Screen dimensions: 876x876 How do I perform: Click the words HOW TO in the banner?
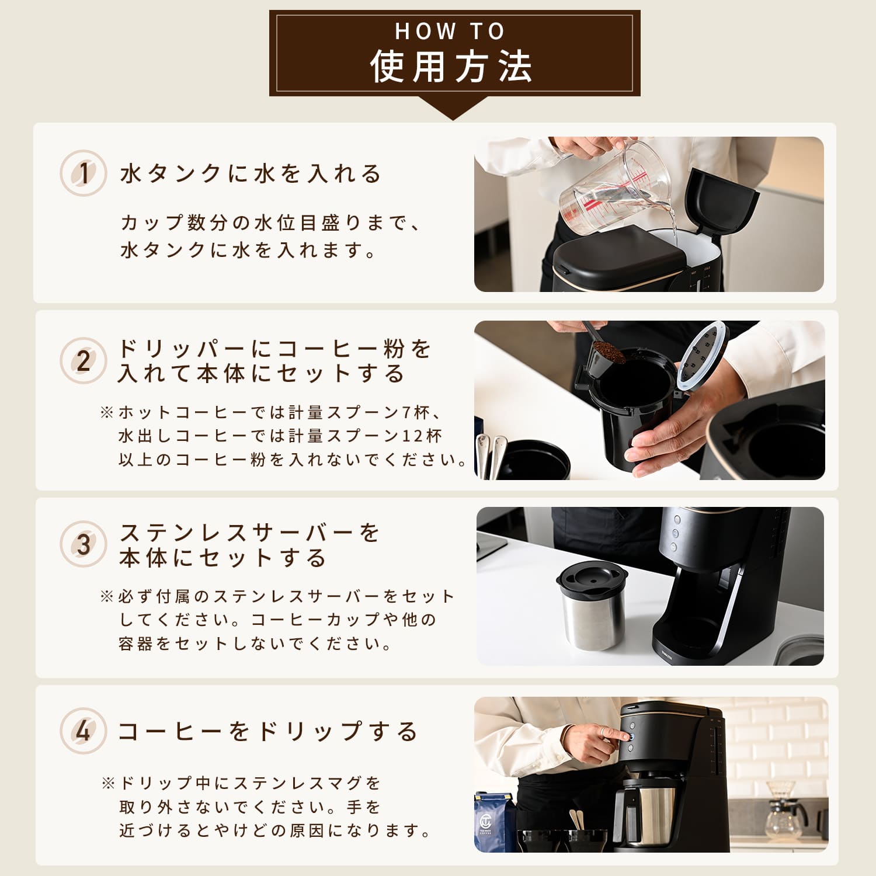coord(450,32)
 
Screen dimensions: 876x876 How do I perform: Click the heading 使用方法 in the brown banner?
coord(451,67)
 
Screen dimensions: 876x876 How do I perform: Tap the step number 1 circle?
coord(84,173)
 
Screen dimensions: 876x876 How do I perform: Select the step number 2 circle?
coord(84,360)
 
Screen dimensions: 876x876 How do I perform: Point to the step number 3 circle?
coord(84,544)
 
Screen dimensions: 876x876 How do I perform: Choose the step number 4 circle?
coord(84,731)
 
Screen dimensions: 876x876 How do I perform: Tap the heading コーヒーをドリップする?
coord(267,731)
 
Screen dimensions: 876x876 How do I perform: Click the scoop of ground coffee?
coord(607,352)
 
